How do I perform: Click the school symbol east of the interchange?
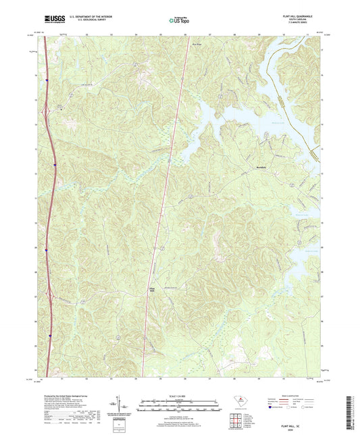61,107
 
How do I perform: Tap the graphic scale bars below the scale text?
179,405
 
